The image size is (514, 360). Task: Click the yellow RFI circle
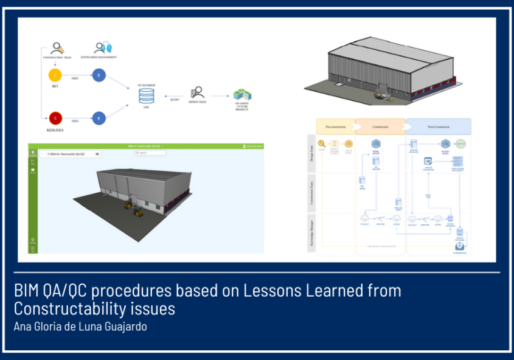[x=55, y=75]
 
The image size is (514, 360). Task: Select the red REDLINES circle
[x=55, y=118]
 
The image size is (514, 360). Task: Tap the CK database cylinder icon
[x=146, y=96]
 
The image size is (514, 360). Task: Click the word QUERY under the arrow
[x=175, y=100]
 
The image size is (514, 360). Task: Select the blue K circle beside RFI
[x=99, y=75]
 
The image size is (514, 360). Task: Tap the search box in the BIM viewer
[x=150, y=153]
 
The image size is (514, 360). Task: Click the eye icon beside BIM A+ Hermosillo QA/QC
[x=98, y=154]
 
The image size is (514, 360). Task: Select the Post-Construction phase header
[x=438, y=126]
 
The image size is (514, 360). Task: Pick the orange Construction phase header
[x=380, y=126]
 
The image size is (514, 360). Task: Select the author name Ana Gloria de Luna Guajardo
[x=80, y=327]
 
